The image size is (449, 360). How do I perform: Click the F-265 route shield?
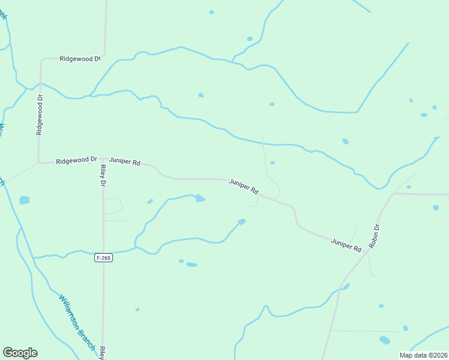point(103,258)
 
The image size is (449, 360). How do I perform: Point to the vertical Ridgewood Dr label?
point(40,114)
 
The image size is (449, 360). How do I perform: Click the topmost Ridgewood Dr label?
point(80,59)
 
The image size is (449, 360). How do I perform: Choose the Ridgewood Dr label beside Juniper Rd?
point(76,160)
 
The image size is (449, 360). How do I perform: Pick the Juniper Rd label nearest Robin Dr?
point(346,245)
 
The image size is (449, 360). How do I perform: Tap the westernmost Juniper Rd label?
point(125,162)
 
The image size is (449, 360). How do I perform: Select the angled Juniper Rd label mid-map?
point(244,186)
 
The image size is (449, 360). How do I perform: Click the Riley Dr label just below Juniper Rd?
point(103,175)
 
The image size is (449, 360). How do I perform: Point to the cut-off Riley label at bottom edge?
point(103,352)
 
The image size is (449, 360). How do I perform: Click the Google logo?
point(20,353)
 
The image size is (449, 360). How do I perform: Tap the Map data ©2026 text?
point(423,355)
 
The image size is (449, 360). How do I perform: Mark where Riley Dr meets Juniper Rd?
point(102,160)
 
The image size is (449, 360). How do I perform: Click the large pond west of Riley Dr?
point(24,200)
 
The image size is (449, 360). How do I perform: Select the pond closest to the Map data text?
point(385,340)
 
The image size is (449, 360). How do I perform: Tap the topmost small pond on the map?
point(211,12)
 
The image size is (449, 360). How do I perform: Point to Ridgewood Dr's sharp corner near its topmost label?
point(41,59)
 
